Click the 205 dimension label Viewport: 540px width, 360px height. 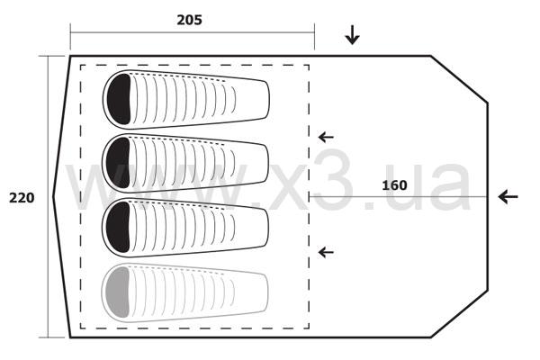[189, 20]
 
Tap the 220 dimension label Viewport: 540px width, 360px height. [22, 198]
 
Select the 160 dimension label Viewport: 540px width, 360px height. [394, 185]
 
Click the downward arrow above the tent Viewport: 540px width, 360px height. [352, 35]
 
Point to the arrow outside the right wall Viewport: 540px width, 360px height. [508, 197]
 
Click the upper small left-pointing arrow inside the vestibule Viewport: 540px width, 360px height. [326, 137]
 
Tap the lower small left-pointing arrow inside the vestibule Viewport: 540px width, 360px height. [326, 253]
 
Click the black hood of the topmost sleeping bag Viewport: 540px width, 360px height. [119, 99]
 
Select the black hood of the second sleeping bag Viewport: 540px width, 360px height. [118, 163]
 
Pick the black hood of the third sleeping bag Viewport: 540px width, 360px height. [118, 227]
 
